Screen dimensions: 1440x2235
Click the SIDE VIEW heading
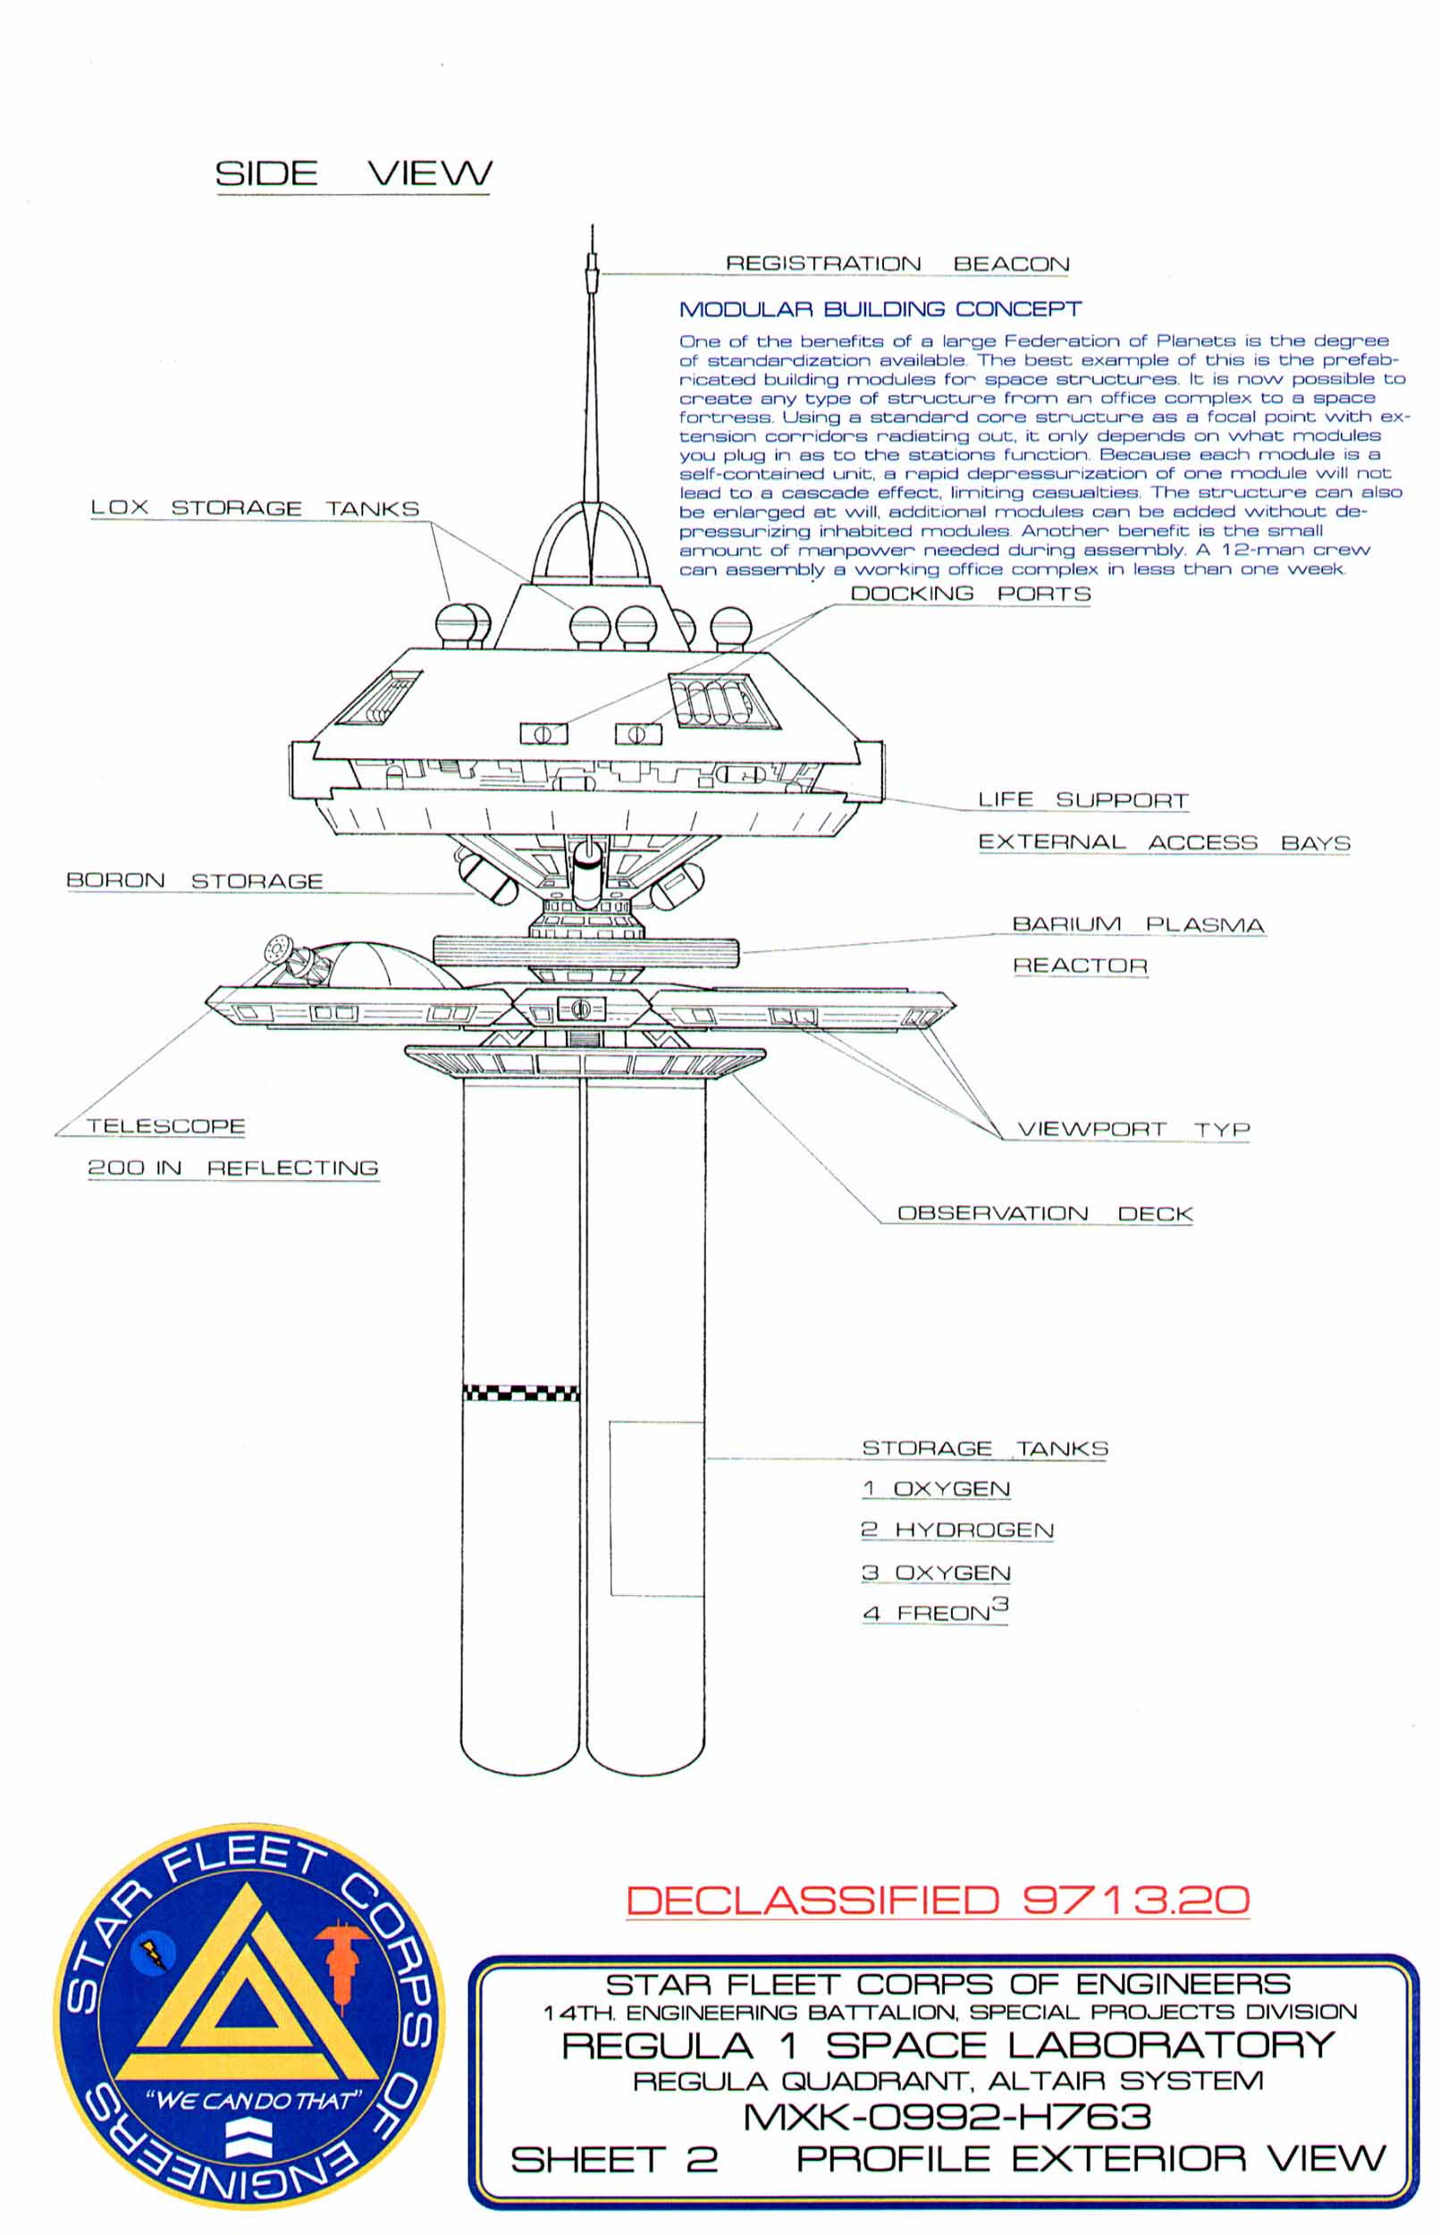coord(352,173)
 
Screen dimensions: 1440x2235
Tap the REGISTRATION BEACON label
coord(897,264)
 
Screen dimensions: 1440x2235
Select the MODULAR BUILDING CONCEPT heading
coord(880,309)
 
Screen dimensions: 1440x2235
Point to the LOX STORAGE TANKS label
coord(255,508)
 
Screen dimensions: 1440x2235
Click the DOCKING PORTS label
coord(971,594)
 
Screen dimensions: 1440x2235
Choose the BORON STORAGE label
coord(195,881)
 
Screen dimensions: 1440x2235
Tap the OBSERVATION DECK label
coord(1044,1213)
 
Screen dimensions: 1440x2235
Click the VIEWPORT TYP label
coord(1133,1129)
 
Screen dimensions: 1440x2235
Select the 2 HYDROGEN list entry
coord(956,1530)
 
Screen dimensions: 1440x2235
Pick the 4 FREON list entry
coord(935,1610)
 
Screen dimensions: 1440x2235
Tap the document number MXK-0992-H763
coord(947,2116)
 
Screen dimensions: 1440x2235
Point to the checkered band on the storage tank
coord(520,1394)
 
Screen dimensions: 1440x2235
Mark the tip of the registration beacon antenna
coord(591,227)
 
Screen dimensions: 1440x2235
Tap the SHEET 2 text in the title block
coord(614,2159)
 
